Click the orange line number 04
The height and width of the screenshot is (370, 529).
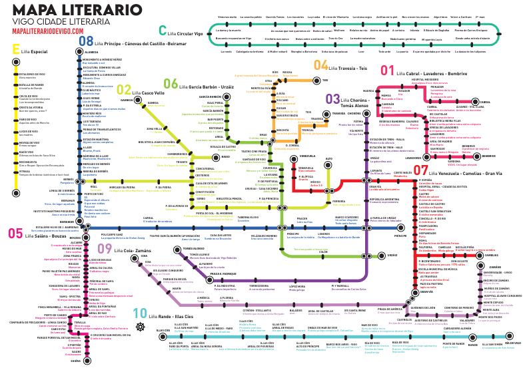click(x=320, y=65)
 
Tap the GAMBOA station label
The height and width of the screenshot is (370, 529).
click(x=127, y=100)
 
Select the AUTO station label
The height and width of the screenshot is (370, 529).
click(x=328, y=160)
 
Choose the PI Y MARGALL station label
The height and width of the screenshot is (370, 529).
click(x=340, y=266)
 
